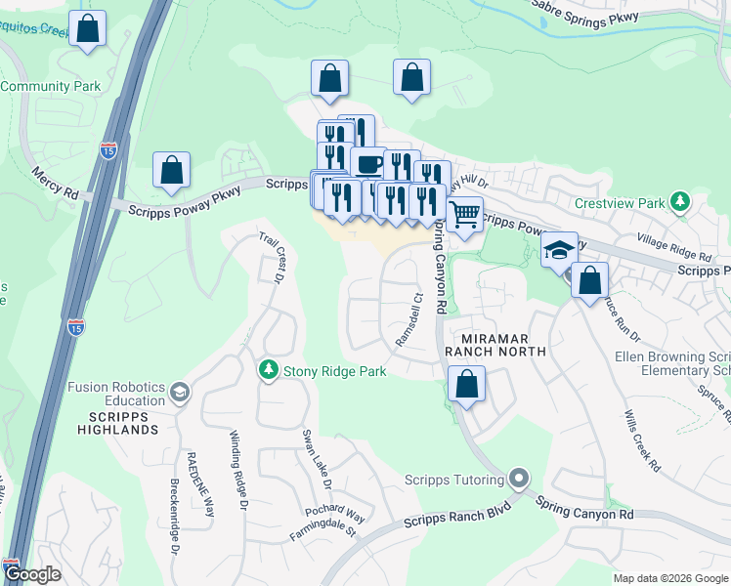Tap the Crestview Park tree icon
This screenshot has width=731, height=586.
(x=680, y=203)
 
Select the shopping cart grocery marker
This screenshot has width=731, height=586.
(x=465, y=212)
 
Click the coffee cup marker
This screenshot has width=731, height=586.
(x=368, y=163)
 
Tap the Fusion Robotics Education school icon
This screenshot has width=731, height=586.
(x=179, y=393)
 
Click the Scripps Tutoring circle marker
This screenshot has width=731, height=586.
(x=519, y=480)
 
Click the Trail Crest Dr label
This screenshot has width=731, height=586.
(x=271, y=258)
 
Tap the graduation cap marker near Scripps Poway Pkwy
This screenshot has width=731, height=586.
(x=559, y=249)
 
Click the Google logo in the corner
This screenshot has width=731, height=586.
(x=31, y=575)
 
